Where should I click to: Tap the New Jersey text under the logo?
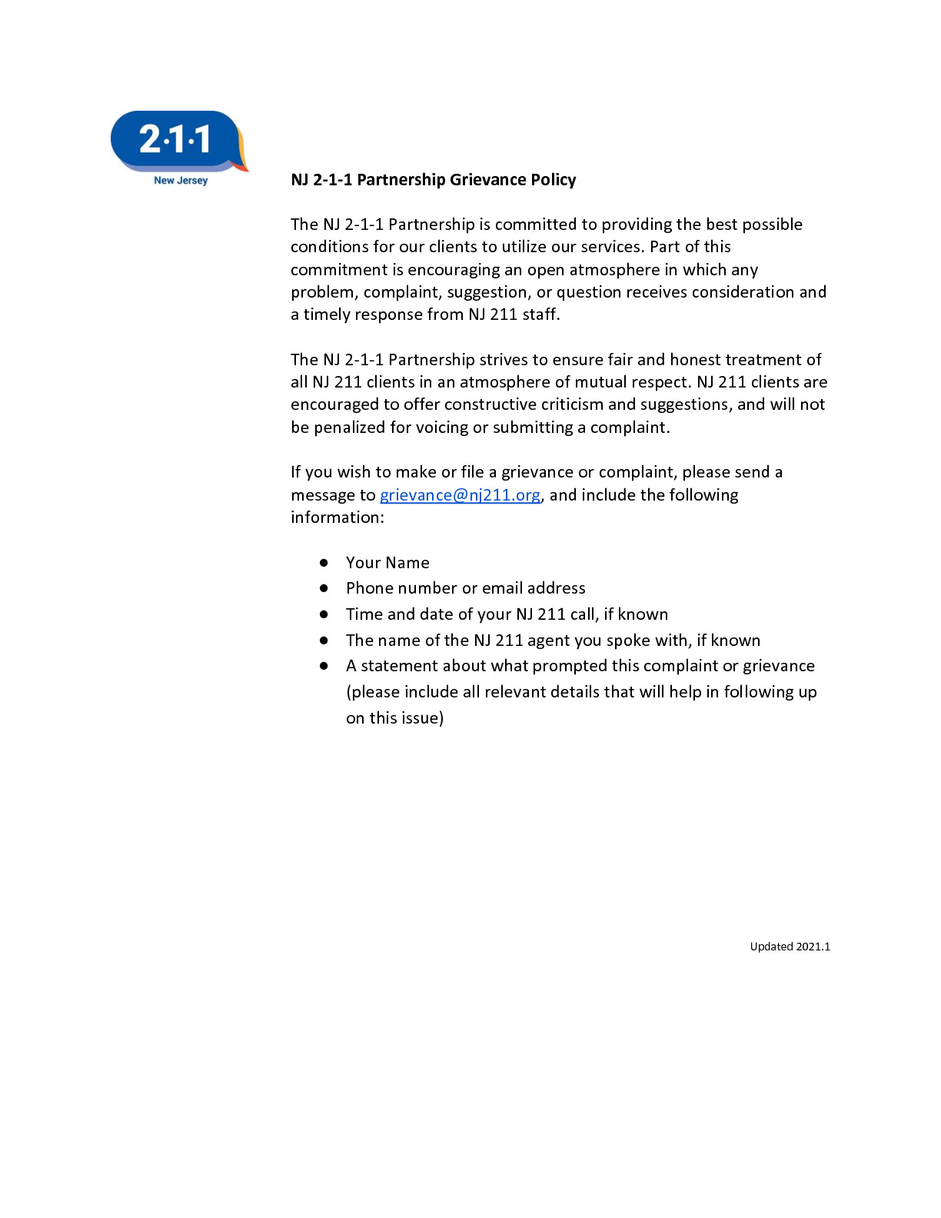pos(181,181)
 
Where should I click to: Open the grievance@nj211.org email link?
pos(460,495)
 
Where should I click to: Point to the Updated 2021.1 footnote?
pos(790,947)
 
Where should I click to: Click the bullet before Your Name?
pos(324,563)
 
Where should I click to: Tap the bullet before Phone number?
pos(324,588)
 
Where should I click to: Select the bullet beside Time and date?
pos(324,614)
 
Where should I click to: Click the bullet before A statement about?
pos(324,666)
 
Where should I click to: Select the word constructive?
pos(495,405)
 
